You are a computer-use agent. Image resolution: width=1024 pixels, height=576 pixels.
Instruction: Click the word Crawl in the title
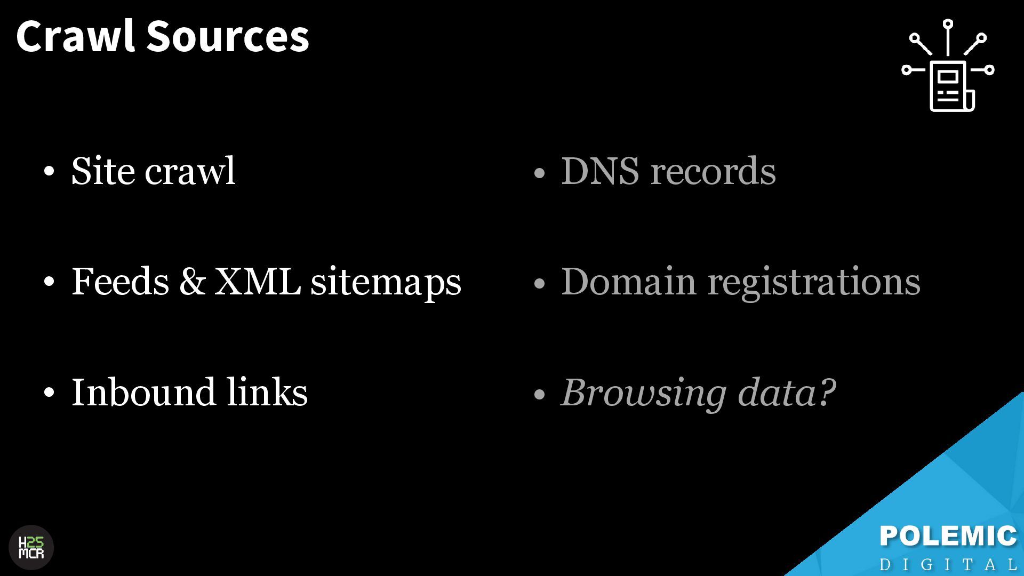point(75,36)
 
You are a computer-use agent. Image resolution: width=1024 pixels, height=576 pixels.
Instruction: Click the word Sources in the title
point(228,36)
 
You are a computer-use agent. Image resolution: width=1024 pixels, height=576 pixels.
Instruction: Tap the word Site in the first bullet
point(103,171)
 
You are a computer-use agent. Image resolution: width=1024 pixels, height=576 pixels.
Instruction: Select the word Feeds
point(121,281)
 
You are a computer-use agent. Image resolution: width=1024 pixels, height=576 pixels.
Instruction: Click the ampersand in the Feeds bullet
point(192,281)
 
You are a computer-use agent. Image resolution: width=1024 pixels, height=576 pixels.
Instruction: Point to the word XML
point(257,281)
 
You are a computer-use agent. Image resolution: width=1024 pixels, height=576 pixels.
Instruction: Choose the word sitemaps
point(386,283)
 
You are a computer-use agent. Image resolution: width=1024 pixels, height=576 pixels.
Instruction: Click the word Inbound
point(143,392)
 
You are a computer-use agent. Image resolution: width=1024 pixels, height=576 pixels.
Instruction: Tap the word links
point(267,392)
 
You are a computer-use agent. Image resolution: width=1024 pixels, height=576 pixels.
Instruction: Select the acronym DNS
point(600,171)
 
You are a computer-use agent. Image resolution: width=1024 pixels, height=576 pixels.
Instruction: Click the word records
point(713,171)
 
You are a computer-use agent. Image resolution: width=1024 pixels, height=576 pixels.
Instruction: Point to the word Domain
point(628,281)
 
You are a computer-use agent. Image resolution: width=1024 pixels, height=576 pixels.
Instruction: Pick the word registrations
point(814,283)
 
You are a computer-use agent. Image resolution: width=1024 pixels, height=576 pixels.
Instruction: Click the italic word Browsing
point(643,393)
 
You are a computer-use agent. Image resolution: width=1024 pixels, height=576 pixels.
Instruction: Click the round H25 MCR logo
point(31,548)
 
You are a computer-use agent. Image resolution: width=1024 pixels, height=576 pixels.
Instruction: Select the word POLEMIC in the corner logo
point(948,537)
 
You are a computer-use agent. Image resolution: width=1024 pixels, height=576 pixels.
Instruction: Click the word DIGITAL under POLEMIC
point(948,564)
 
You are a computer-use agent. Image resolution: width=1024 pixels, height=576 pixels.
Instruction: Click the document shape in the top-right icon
point(949,85)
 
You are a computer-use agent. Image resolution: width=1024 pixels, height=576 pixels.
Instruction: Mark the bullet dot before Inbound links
point(50,394)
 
